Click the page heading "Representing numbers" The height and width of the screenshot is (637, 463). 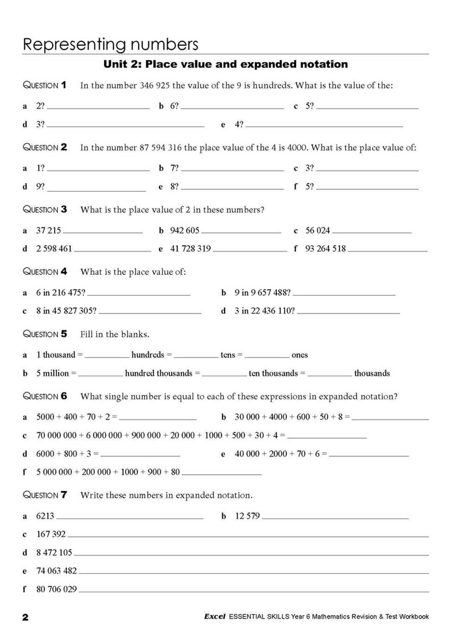point(111,44)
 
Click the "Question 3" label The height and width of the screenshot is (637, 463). point(45,210)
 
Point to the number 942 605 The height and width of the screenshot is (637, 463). point(185,231)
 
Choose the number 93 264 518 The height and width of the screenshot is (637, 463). point(325,249)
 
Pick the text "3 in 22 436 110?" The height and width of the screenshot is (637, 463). point(264,311)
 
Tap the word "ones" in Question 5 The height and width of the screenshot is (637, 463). point(300,355)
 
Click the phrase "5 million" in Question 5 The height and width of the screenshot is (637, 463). point(52,374)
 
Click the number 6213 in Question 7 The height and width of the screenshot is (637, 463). point(45,516)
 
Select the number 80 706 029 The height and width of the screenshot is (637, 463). point(56,589)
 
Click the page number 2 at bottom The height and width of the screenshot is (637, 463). point(25,618)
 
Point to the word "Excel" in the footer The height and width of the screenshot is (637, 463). point(214,617)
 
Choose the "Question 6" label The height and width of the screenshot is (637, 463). point(45,396)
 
